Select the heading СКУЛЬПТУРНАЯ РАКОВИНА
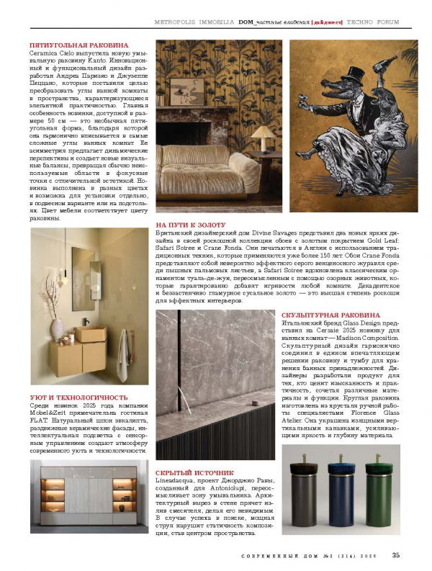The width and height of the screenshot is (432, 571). point(330,315)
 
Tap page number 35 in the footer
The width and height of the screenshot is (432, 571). point(396,554)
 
